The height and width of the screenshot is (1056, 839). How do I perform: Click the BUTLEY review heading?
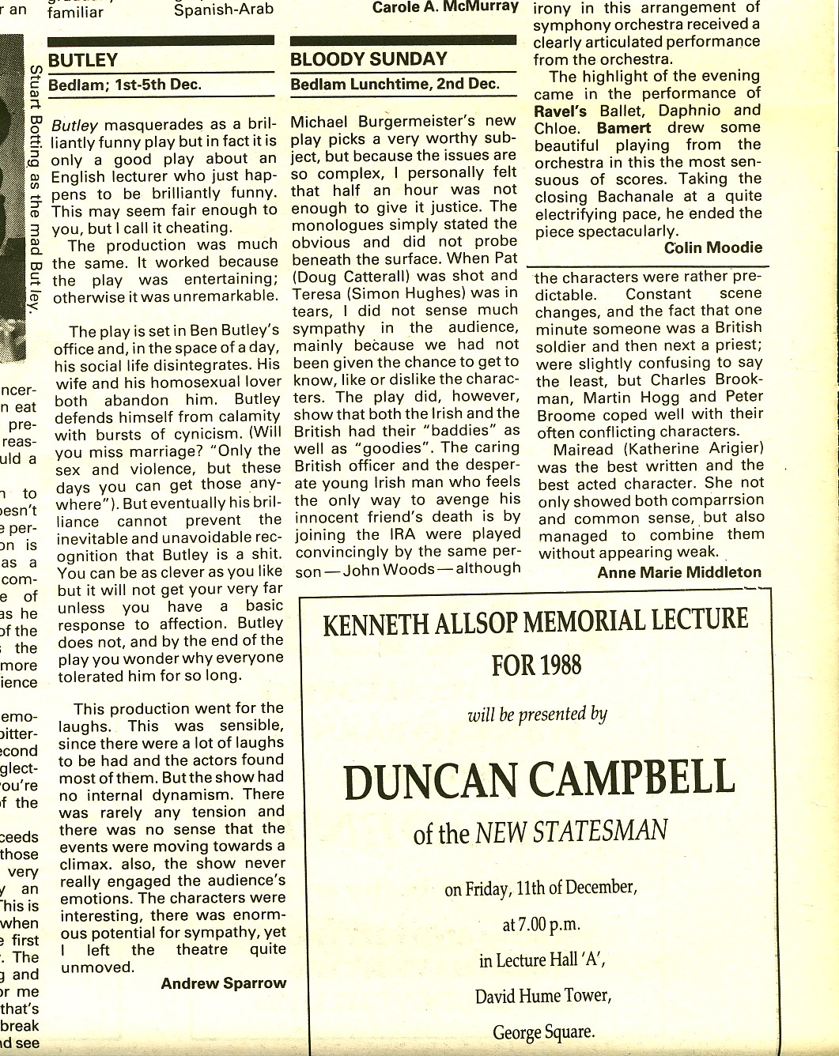83,61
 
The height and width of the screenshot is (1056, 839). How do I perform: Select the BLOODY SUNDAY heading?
368,59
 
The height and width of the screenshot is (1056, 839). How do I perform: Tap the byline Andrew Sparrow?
223,984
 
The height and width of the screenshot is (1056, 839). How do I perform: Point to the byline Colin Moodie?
713,248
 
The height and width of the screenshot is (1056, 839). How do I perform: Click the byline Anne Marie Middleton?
679,572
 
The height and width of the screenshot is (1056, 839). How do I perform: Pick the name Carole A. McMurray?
445,7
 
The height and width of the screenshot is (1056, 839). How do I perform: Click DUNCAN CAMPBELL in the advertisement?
539,779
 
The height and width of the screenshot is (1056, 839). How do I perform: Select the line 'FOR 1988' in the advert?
536,665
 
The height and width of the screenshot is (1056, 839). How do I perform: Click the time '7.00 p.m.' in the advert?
541,923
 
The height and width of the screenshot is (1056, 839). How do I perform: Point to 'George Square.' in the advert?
543,1031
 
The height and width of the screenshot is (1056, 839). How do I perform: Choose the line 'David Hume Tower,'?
542,995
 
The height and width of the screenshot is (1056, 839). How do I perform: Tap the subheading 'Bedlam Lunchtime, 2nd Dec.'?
395,85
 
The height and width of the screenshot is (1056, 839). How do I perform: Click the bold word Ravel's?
561,111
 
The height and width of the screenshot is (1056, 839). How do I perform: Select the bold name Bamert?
624,128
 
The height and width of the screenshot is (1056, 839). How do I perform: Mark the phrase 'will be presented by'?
537,715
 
